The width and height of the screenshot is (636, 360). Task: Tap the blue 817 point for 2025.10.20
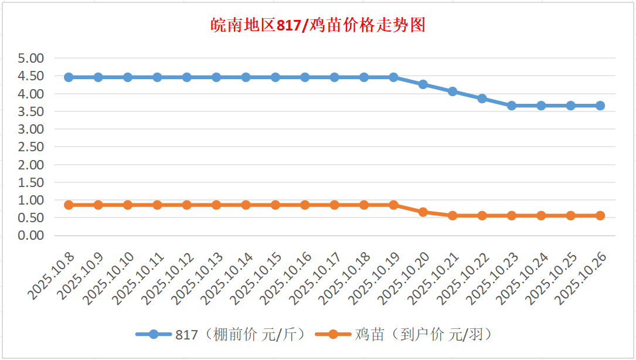tap(423, 84)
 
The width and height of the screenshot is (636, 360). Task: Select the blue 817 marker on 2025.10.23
tap(512, 106)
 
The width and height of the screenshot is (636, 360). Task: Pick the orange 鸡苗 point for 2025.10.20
tap(423, 212)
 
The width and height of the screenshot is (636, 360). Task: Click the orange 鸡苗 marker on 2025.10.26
tap(600, 216)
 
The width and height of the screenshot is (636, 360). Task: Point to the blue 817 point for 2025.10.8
tap(69, 77)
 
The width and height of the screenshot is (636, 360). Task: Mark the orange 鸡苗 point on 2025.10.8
tap(69, 205)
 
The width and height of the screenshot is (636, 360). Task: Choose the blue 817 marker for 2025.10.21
tap(453, 91)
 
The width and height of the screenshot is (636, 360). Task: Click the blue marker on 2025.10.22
tap(482, 99)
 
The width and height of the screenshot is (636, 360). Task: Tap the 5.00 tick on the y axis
tap(31, 59)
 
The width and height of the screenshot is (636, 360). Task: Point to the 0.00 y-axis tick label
tap(31, 236)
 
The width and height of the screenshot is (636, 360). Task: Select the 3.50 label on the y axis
tap(31, 111)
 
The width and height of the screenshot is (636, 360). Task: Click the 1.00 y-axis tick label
tap(31, 200)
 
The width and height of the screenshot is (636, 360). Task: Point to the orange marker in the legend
tap(333, 335)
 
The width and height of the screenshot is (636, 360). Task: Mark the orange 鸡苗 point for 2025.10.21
tap(453, 216)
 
